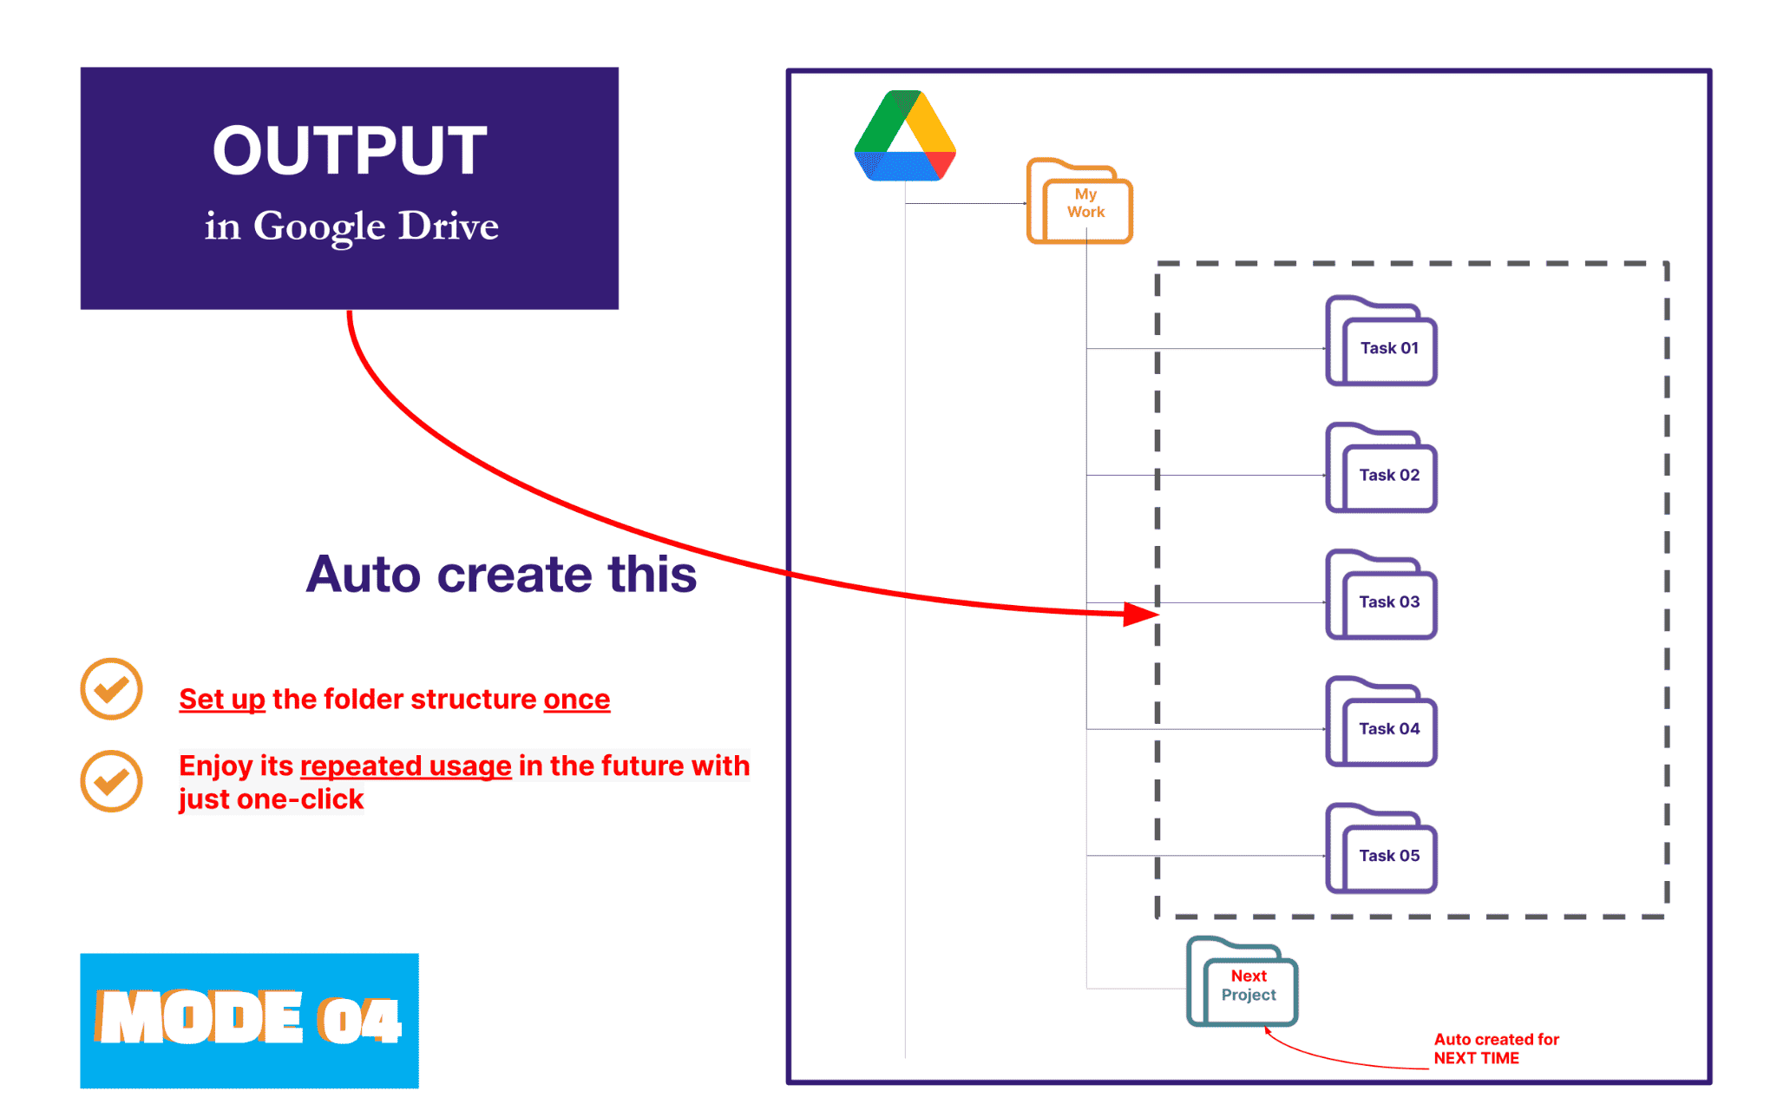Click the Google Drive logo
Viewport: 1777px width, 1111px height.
pos(904,137)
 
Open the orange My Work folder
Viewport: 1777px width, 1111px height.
pos(1080,203)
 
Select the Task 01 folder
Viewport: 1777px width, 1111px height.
pos(1382,343)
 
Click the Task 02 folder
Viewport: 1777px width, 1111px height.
pos(1382,470)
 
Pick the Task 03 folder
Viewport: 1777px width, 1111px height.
pos(1382,596)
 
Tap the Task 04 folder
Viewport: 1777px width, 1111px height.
pos(1382,723)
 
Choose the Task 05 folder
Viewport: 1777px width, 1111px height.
pos(1382,850)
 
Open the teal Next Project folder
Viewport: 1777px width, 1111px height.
pos(1243,983)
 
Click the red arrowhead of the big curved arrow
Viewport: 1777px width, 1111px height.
pos(1141,615)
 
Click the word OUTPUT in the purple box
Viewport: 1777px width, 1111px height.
pos(350,150)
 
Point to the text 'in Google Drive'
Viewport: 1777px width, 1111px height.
pos(351,227)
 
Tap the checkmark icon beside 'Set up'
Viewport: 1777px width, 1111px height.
pos(111,689)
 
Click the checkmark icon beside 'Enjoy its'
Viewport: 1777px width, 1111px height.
pos(111,781)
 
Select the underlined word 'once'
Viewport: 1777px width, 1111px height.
pos(576,700)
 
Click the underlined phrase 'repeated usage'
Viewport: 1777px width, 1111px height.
pos(405,766)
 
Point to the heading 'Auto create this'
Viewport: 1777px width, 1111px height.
pos(501,575)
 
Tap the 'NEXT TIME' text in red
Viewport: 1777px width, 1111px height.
pos(1476,1058)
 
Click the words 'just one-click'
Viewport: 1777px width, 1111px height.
pos(271,799)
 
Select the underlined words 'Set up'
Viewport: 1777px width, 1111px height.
pos(221,700)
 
